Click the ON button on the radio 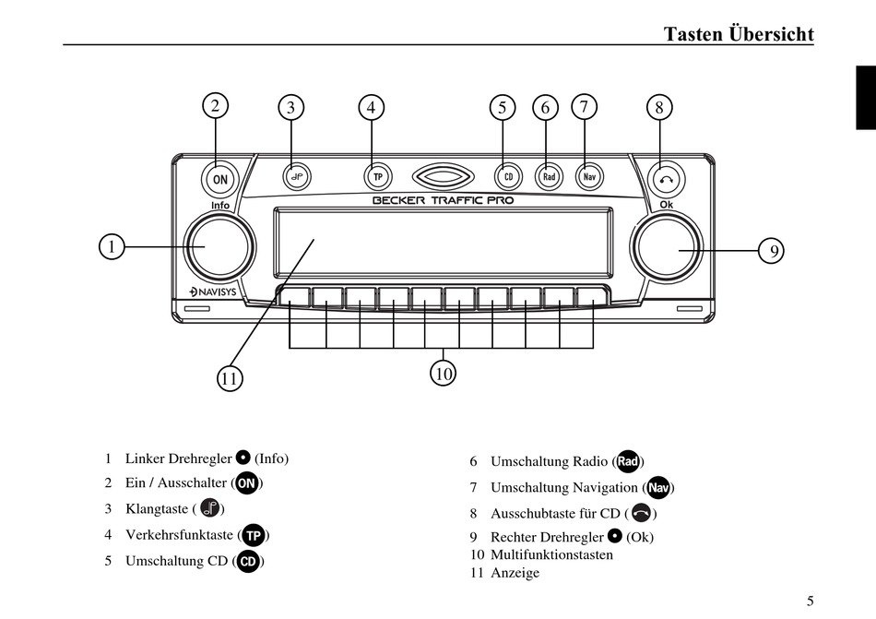click(219, 178)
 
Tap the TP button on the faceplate click(376, 175)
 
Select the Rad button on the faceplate click(549, 175)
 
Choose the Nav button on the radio click(588, 175)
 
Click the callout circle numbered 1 click(112, 247)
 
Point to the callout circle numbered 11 click(230, 377)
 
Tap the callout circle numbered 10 click(444, 374)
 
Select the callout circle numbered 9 click(772, 250)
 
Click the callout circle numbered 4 click(371, 107)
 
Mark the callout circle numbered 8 click(658, 107)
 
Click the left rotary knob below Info click(219, 246)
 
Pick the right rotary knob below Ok click(664, 248)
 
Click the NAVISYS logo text click(211, 292)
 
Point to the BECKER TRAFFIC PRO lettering click(443, 200)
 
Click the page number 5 click(810, 601)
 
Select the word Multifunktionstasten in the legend click(551, 554)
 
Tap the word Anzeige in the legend click(515, 573)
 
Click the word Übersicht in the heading click(771, 34)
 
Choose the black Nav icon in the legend click(657, 488)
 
